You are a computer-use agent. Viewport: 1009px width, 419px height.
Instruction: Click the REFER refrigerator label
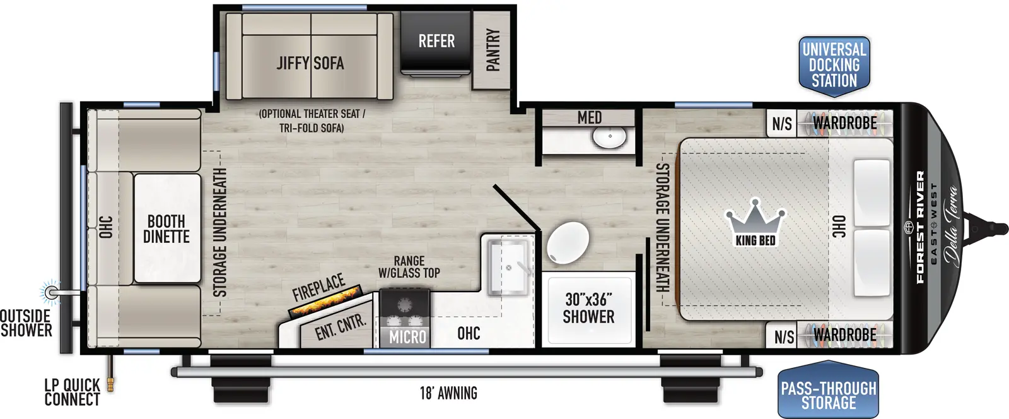[x=436, y=42]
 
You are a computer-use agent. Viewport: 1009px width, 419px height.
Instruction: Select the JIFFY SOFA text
[x=310, y=63]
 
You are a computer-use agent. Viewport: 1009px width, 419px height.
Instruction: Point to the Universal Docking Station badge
[x=834, y=66]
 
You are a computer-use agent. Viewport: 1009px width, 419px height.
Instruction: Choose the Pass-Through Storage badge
[x=828, y=395]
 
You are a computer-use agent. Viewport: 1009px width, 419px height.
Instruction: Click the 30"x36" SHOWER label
[x=588, y=308]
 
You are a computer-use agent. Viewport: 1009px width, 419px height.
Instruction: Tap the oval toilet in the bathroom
[x=568, y=243]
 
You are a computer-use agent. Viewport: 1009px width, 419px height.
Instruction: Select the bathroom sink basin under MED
[x=609, y=136]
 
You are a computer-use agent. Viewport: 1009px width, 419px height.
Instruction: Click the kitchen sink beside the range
[x=508, y=267]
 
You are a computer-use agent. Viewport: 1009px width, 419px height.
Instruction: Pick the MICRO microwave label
[x=407, y=337]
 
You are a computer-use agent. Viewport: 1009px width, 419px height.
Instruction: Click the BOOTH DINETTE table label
[x=166, y=229]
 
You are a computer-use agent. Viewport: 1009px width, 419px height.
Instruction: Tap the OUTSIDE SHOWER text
[x=26, y=322]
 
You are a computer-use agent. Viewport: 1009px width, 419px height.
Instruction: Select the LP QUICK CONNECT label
[x=72, y=392]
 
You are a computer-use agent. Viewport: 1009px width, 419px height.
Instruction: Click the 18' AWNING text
[x=448, y=393]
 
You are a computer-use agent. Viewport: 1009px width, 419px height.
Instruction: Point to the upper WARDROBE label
[x=844, y=123]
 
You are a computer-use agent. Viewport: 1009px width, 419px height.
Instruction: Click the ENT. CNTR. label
[x=340, y=327]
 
